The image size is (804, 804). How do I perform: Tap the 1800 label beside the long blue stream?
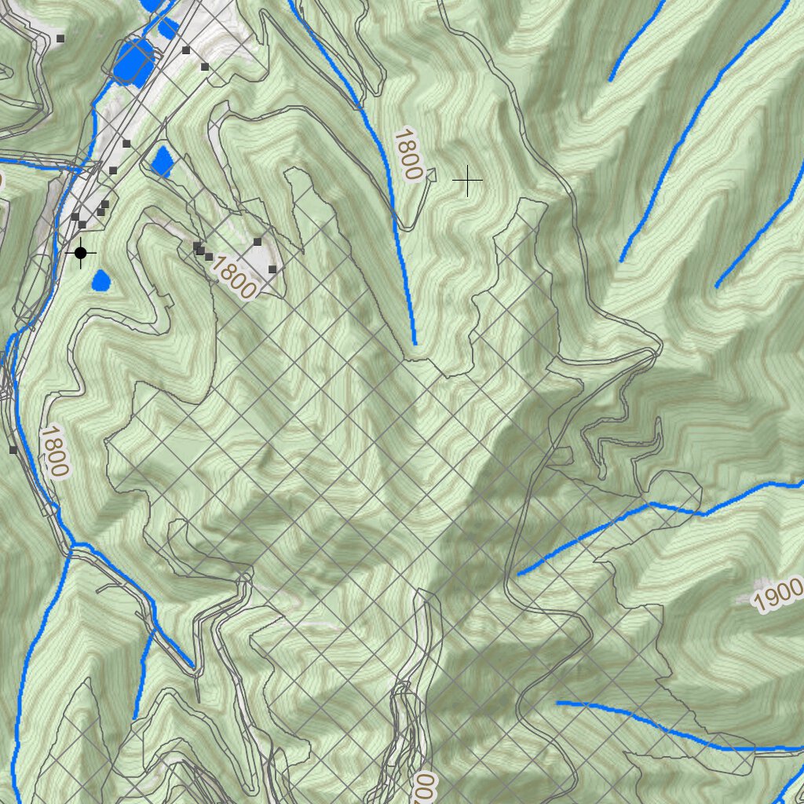pos(408,155)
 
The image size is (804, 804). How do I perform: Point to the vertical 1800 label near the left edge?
pos(54,451)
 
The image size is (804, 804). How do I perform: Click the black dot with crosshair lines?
pos(81,252)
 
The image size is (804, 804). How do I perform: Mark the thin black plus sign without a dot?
pos(468,181)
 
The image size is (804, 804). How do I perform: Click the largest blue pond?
pos(133,61)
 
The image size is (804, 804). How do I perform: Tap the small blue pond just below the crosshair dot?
pos(101,280)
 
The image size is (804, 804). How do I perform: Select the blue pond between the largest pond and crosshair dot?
pos(163,161)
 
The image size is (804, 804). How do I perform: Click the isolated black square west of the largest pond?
pos(60,38)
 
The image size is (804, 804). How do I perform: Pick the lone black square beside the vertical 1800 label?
pos(13,450)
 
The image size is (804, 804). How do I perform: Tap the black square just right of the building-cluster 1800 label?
pos(272,269)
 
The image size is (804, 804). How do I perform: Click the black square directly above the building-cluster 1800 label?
pos(258,242)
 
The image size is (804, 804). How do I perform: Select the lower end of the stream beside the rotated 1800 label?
pos(415,342)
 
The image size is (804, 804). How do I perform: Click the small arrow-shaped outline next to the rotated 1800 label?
pos(429,179)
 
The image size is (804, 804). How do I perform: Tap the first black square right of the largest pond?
pos(186,50)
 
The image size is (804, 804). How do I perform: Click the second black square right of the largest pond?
pos(205,68)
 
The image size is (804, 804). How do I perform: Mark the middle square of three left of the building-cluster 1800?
pos(201,251)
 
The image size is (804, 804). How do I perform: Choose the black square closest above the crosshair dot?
pos(82,225)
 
